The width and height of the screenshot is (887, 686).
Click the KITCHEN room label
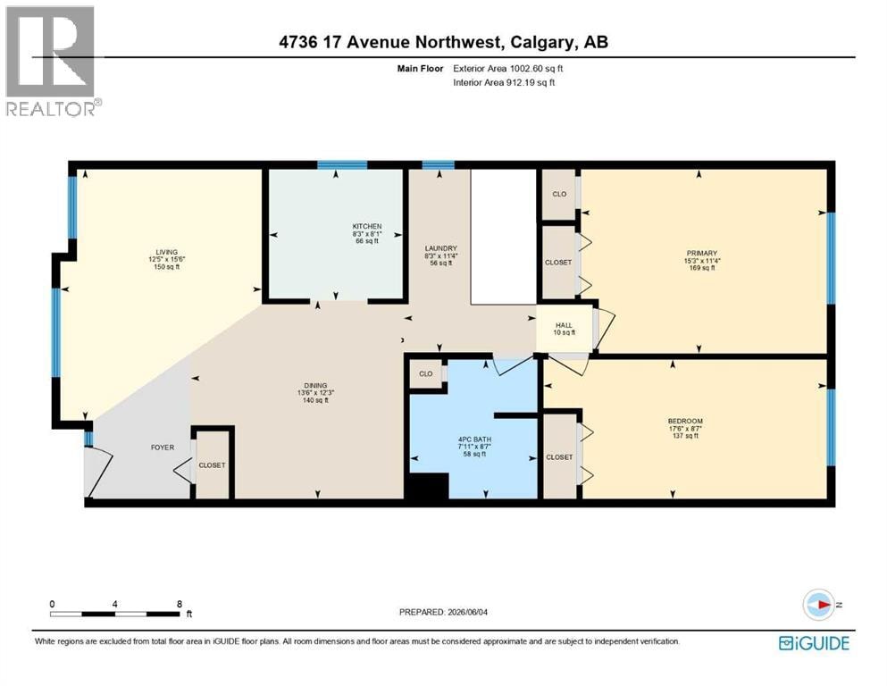click(367, 233)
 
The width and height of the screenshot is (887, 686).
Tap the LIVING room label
click(167, 260)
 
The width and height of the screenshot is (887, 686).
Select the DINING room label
click(315, 393)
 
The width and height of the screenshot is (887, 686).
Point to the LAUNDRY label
click(441, 255)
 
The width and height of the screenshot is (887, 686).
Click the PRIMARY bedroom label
click(702, 261)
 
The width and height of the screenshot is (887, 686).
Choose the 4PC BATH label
click(474, 447)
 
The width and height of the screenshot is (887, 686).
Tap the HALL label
click(564, 329)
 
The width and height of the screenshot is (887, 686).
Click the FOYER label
click(163, 448)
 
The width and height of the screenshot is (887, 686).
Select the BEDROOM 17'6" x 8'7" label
click(686, 428)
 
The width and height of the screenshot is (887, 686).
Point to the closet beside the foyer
click(212, 463)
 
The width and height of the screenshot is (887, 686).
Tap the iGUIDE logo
click(814, 644)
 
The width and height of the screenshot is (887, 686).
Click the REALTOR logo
click(52, 61)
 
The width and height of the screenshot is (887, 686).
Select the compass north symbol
click(818, 605)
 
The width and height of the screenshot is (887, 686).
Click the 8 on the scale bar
click(180, 604)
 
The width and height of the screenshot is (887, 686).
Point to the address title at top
click(443, 42)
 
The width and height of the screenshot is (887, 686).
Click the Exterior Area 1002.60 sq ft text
click(508, 69)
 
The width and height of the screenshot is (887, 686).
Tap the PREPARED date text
click(443, 612)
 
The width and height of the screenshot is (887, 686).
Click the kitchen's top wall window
click(342, 165)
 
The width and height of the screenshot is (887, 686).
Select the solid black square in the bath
click(427, 487)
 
